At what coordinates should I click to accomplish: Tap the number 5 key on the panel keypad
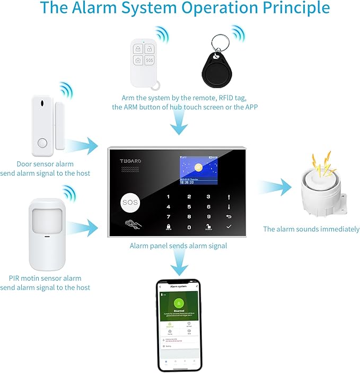(x=189, y=206)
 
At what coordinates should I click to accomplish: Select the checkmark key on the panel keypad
(x=229, y=227)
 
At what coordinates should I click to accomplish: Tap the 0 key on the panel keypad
(x=189, y=227)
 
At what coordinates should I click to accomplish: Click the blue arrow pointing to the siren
(x=276, y=187)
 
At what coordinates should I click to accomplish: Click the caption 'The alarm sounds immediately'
(x=311, y=229)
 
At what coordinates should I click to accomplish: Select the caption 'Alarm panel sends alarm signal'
(x=178, y=246)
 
